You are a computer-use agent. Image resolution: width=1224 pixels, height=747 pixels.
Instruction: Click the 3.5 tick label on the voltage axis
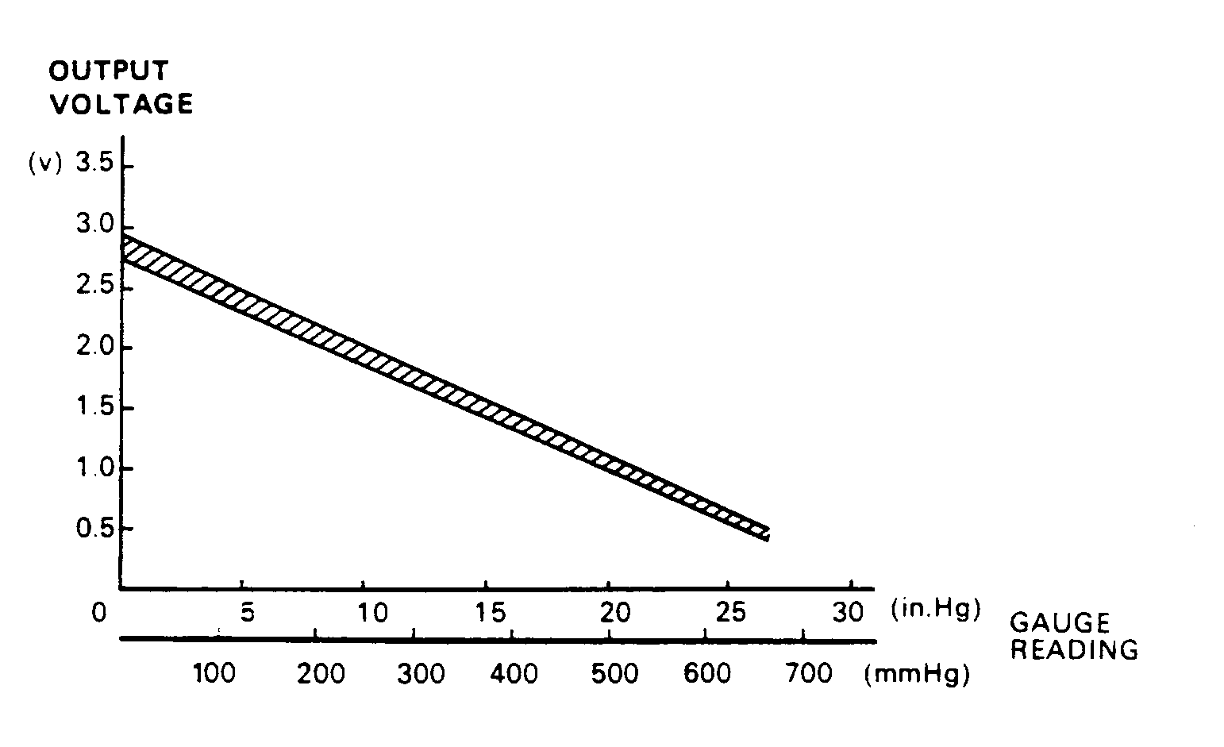coord(94,164)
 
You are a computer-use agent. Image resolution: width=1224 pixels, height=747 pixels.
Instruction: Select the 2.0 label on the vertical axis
coord(94,348)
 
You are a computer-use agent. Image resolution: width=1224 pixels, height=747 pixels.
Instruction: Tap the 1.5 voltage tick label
coord(94,408)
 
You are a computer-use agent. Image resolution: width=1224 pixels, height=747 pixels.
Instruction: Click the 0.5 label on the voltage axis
coord(94,529)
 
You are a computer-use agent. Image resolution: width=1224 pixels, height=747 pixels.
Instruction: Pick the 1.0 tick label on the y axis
coord(94,468)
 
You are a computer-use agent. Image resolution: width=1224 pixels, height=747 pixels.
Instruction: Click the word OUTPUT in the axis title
coord(109,71)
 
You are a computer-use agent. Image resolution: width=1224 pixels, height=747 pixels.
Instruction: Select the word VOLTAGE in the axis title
coord(121,104)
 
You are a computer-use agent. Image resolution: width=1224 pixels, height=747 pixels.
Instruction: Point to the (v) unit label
coord(44,164)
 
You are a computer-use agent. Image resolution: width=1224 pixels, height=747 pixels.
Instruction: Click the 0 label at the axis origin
coord(98,614)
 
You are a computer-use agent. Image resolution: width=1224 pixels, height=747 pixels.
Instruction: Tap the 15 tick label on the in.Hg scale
coord(491,613)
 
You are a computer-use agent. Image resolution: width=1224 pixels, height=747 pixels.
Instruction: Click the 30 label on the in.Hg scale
coord(849,613)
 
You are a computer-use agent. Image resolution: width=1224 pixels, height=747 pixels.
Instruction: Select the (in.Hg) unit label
coord(936,610)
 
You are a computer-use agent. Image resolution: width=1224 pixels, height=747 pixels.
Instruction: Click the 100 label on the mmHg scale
coord(214,674)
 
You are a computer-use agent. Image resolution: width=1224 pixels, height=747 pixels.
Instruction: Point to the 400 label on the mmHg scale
coord(514,674)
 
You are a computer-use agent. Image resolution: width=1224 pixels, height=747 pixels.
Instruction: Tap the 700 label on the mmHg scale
coord(809,674)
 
